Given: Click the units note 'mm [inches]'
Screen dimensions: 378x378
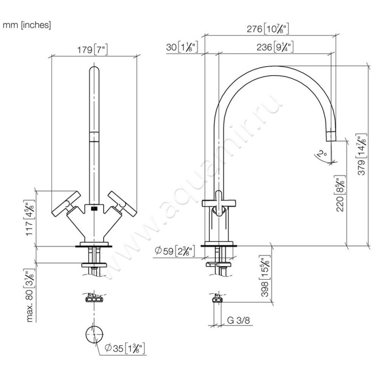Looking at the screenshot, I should coord(27,25).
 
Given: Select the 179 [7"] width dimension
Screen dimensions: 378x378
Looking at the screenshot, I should coord(93,50).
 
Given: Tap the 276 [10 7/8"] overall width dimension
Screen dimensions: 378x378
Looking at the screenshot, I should coord(268,29).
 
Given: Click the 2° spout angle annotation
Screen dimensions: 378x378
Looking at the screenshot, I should coord(322,154).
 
